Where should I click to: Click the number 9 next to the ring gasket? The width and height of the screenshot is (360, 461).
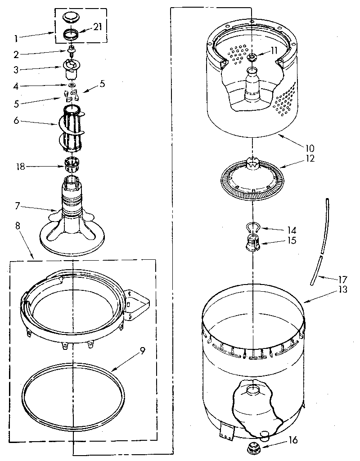pos(143,351)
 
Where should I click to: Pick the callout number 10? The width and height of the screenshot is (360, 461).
pos(310,147)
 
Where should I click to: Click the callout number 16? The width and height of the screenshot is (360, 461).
pos(292,440)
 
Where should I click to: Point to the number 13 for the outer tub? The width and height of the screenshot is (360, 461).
pos(343,290)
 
